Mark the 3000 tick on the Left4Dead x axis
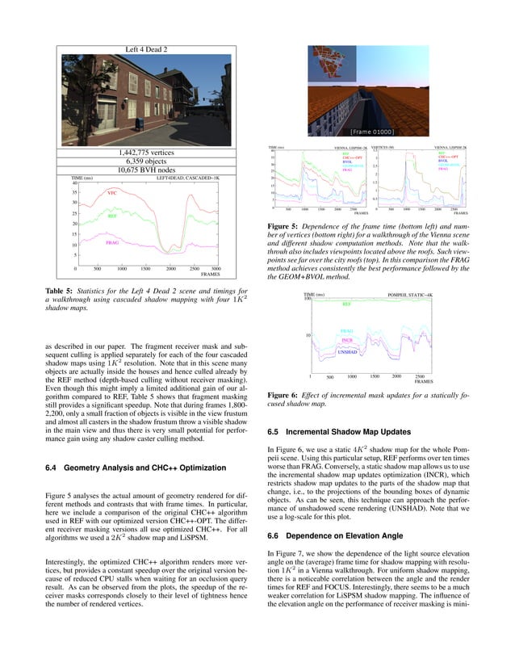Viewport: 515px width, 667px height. pyautogui.click(x=216, y=268)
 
